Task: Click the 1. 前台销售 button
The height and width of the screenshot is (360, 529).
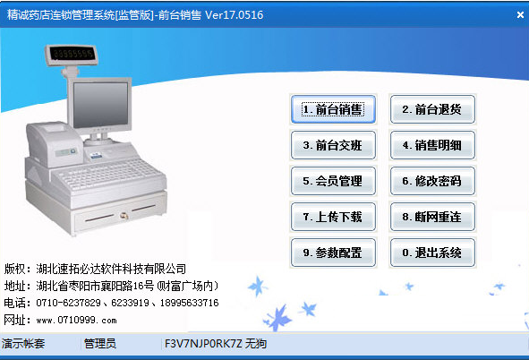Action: (333, 109)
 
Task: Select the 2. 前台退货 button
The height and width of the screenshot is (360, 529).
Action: (432, 109)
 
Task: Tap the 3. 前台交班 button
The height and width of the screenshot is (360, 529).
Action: (333, 145)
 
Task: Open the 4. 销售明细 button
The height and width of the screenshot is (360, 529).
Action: (432, 145)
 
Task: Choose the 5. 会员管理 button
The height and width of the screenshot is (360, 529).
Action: (333, 181)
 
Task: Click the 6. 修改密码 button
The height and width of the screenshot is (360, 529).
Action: (432, 181)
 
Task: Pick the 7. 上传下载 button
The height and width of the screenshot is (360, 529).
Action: (333, 217)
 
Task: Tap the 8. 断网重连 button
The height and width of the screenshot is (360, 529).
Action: (432, 217)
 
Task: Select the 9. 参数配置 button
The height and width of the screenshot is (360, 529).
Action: (333, 253)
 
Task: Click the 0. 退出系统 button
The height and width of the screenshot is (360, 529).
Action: (432, 253)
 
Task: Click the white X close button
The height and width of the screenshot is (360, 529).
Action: (520, 15)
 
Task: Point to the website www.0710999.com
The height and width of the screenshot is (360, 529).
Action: (77, 320)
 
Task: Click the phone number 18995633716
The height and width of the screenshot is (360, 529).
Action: (189, 303)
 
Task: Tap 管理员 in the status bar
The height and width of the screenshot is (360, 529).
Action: (100, 344)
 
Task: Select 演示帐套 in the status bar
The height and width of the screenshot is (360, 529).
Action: (23, 344)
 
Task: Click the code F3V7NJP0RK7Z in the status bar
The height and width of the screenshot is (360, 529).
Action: (203, 344)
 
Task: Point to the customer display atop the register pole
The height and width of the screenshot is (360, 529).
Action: (72, 55)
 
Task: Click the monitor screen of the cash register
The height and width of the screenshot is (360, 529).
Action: (100, 105)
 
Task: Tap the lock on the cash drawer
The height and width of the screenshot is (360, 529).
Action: (124, 215)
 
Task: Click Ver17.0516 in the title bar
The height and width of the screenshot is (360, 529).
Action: (235, 15)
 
